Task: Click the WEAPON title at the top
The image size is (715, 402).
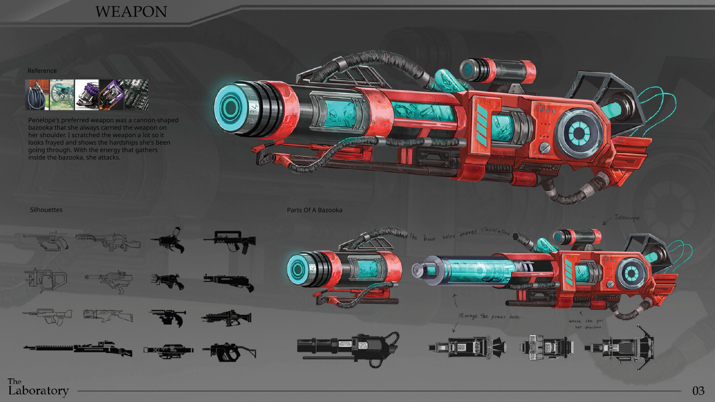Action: click(131, 12)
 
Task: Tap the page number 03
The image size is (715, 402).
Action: click(698, 391)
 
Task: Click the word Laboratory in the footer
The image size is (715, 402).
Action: click(38, 391)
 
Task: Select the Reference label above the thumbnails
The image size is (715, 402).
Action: click(42, 71)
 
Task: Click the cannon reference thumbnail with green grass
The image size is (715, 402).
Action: click(62, 95)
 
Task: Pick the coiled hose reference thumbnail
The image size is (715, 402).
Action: click(37, 95)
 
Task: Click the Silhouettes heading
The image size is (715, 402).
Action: click(46, 210)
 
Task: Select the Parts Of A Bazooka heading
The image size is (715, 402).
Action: click(315, 210)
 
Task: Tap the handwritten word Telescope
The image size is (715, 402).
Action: click(627, 218)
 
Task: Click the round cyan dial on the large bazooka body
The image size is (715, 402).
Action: click(578, 133)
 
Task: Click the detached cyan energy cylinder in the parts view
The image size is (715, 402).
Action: click(474, 271)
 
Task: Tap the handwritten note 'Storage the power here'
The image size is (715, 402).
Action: click(489, 316)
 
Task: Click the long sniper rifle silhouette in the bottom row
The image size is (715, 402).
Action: click(78, 348)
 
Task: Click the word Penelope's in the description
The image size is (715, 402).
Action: click(44, 120)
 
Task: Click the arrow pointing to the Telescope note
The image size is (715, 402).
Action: click(607, 220)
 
